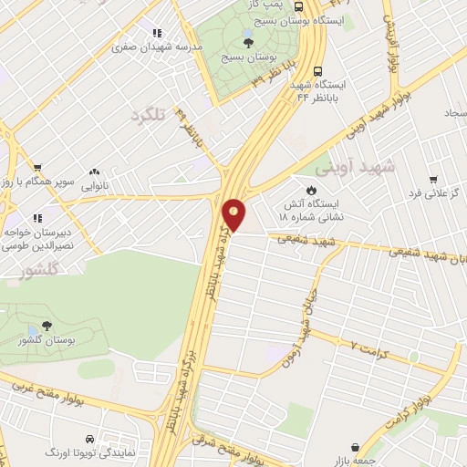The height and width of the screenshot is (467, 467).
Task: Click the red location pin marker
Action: [234, 215]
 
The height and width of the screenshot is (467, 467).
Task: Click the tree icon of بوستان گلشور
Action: [47, 325]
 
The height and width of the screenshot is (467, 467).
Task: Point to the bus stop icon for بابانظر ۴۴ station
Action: [318, 70]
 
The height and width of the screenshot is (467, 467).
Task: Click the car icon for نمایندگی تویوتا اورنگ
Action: [88, 438]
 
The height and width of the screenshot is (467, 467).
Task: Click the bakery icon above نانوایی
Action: [95, 171]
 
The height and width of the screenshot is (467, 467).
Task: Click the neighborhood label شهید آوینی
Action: [353, 167]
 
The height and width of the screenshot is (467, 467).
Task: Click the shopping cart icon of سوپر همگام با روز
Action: [36, 167]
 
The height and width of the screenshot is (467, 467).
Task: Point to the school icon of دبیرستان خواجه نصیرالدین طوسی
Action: [37, 218]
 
